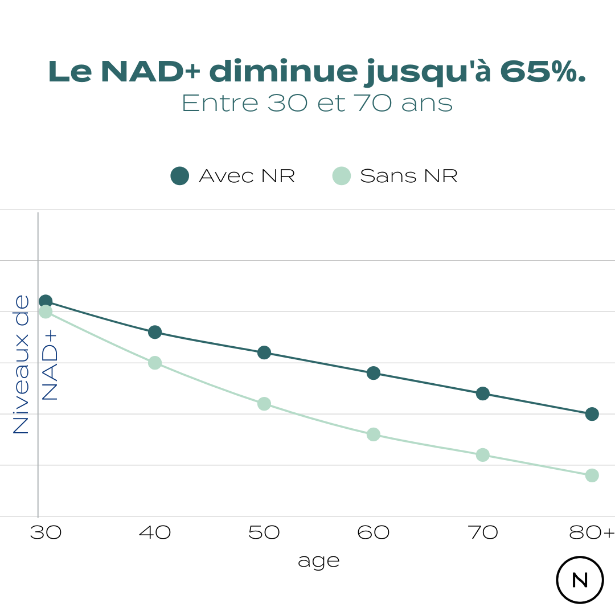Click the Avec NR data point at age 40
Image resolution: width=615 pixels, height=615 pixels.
(155, 332)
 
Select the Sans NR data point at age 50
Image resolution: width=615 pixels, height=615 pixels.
(264, 404)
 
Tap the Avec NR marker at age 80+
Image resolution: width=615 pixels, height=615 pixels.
(592, 414)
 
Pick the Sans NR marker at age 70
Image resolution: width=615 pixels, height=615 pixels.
(483, 455)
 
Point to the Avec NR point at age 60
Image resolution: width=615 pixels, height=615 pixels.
(374, 373)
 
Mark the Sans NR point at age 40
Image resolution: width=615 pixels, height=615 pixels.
(155, 363)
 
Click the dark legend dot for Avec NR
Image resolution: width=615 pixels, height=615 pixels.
(180, 176)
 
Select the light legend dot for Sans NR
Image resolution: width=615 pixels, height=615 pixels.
(342, 176)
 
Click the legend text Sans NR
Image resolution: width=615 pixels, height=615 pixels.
(409, 176)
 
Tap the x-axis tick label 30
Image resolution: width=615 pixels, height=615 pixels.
(46, 533)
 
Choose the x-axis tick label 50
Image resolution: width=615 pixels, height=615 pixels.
(264, 533)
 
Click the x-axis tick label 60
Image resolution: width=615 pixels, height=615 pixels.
(374, 533)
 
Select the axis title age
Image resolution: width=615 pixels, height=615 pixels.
(318, 561)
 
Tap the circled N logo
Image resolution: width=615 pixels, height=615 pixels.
(580, 580)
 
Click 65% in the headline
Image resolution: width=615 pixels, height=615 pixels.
(542, 72)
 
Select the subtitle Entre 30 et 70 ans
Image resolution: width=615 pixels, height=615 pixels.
(317, 104)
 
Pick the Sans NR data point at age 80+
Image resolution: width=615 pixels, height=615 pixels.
(592, 475)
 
